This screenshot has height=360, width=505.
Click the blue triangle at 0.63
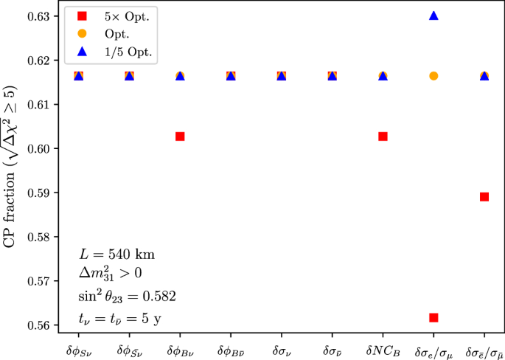click(433, 15)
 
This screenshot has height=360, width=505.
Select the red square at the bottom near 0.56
click(433, 317)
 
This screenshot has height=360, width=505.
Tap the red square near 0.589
click(484, 197)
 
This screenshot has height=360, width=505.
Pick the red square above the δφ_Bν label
click(179, 136)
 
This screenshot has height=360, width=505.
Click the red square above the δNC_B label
click(383, 136)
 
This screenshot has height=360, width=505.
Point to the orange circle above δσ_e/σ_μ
click(433, 76)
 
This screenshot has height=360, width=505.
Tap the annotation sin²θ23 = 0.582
click(127, 297)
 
